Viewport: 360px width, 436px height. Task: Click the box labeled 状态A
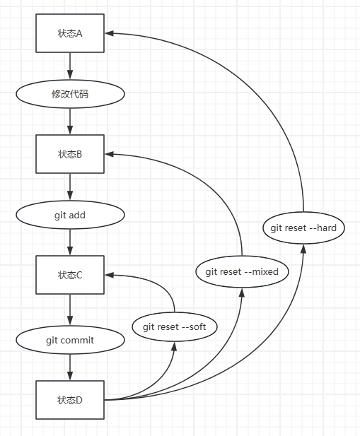pos(70,33)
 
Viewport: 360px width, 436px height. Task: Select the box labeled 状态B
pos(70,153)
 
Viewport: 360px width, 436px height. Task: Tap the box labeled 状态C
pos(70,275)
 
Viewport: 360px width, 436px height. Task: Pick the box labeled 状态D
pos(70,400)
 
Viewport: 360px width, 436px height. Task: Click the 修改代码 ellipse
pos(70,93)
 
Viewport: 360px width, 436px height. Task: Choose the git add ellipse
pos(70,215)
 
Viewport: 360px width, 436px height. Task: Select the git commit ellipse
pos(70,340)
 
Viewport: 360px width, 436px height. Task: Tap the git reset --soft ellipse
pos(174,326)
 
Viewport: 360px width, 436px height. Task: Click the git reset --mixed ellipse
pos(242,272)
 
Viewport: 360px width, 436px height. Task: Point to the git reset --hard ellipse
pos(303,228)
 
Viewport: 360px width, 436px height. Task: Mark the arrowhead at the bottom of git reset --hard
pos(303,247)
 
